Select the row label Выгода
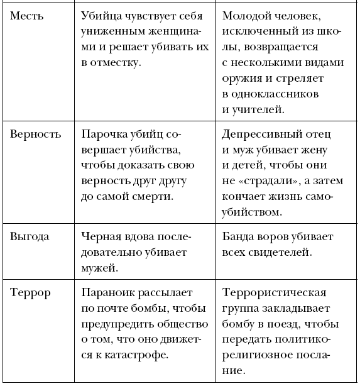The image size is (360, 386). (x=30, y=237)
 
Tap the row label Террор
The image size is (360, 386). (x=30, y=293)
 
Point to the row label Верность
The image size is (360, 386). (x=36, y=134)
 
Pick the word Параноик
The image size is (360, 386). (x=109, y=293)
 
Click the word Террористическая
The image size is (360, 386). (x=274, y=293)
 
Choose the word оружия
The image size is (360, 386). (x=243, y=78)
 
